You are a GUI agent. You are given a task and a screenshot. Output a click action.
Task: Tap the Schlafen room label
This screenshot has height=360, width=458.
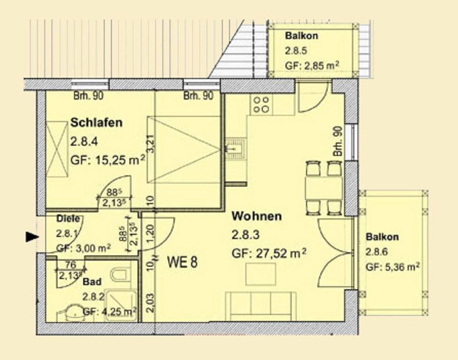click(96, 123)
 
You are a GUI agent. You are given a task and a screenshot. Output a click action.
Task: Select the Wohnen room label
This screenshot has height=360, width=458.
click(257, 216)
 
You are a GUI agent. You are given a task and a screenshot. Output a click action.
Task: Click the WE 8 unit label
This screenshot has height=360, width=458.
click(182, 263)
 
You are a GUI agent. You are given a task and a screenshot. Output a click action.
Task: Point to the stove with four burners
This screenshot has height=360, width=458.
click(261, 104)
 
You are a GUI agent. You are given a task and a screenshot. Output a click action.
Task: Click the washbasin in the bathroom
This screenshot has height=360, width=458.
click(73, 312)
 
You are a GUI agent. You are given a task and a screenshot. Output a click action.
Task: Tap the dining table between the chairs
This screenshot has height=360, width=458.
click(324, 188)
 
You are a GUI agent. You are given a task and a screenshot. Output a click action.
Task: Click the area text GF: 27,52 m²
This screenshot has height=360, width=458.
click(269, 253)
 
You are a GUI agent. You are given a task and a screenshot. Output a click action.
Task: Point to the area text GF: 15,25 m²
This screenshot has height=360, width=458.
click(107, 160)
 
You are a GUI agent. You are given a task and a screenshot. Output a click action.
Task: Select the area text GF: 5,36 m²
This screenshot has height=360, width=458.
click(392, 267)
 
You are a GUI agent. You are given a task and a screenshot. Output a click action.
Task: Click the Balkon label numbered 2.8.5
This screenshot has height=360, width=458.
click(301, 36)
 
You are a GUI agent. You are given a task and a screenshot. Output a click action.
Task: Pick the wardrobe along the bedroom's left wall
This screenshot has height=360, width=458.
click(57, 149)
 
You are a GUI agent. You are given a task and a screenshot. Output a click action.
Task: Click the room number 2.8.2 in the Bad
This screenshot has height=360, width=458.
click(93, 297)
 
